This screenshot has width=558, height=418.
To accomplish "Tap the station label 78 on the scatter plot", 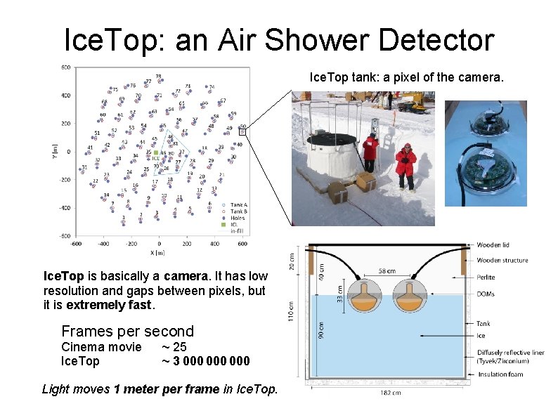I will (x=158, y=76).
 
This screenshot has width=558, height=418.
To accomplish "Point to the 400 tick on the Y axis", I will (x=65, y=96).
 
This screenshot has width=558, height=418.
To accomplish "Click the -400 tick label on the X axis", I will (x=103, y=244).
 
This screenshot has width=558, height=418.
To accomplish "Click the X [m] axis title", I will (x=159, y=252).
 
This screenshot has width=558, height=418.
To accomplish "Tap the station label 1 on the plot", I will (x=124, y=218).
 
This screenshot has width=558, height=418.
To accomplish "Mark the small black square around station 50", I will (x=242, y=131).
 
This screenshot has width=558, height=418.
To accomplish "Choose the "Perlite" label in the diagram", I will (x=488, y=277).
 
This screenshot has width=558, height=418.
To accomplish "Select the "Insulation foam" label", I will (x=501, y=374).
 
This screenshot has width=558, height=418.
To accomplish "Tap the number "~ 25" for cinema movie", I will (x=174, y=347).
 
